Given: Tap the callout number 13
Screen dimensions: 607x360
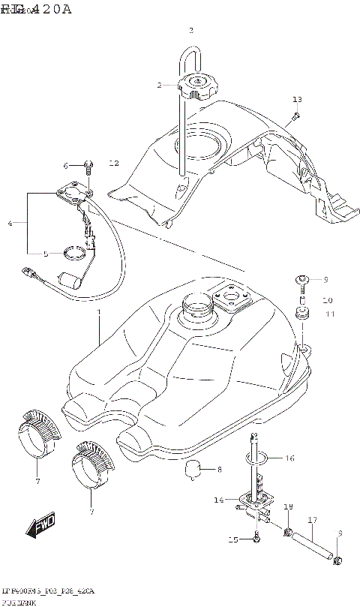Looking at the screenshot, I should (x=297, y=100).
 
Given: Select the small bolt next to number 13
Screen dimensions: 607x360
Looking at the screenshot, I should (x=295, y=116).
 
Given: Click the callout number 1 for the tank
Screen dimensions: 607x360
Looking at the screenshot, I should (x=98, y=310).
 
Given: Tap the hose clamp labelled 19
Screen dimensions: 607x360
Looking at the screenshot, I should (x=287, y=533).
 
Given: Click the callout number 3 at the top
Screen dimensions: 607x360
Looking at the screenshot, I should (x=190, y=31).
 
